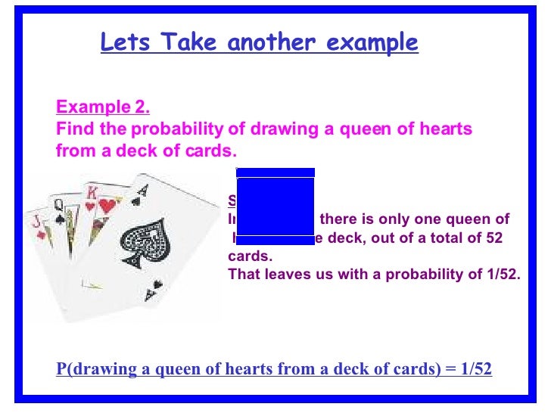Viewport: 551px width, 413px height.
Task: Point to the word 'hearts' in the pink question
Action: [x=447, y=129]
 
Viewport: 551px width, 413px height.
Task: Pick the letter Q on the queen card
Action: [x=57, y=204]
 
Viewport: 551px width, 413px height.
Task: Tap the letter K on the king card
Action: [x=92, y=192]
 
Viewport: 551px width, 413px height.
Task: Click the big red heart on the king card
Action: [x=107, y=205]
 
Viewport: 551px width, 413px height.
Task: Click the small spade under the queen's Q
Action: [x=60, y=219]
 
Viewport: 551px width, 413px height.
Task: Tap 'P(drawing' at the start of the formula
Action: [x=88, y=370]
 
